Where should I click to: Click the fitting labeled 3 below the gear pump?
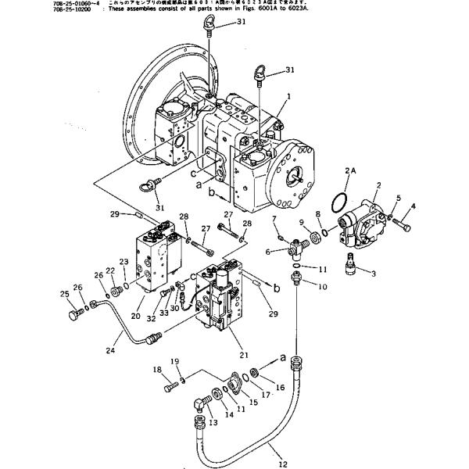[352, 269]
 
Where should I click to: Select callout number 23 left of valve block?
[123, 263]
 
